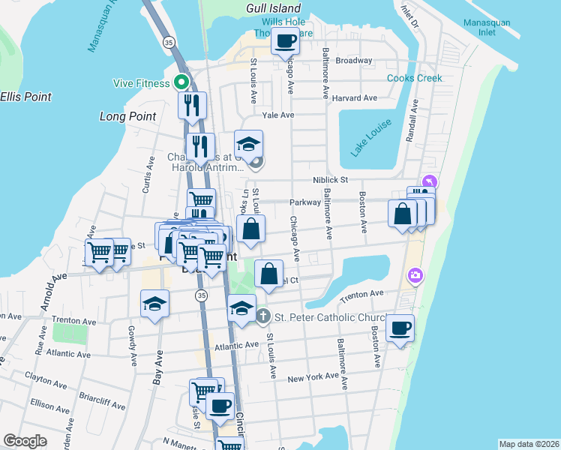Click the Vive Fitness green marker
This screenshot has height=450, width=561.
[181, 82]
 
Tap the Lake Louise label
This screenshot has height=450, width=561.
[370, 139]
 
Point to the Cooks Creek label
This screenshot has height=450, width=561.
[415, 78]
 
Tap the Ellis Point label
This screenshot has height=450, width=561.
[26, 97]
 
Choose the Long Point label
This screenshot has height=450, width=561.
[128, 116]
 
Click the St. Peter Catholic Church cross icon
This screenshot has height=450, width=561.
[262, 316]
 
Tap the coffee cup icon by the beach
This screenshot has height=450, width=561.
[400, 327]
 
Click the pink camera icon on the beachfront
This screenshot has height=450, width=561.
[415, 277]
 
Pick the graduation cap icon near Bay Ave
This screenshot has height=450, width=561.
[155, 303]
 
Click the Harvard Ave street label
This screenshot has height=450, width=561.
[355, 98]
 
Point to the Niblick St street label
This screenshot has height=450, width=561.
[331, 180]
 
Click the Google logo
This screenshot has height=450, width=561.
[25, 441]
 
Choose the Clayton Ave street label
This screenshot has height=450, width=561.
[41, 376]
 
